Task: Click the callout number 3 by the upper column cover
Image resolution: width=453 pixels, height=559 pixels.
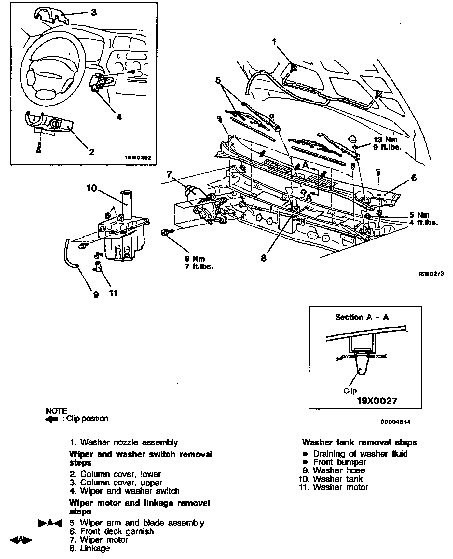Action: (94, 13)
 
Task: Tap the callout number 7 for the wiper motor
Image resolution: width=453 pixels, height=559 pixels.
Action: (169, 175)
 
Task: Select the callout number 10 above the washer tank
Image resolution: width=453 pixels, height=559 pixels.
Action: (92, 188)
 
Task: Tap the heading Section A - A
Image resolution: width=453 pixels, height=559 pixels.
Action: (362, 317)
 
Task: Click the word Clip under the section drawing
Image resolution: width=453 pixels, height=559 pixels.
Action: (350, 391)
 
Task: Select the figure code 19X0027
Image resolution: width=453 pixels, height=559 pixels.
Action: (377, 401)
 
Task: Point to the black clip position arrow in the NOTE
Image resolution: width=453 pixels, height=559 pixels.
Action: (52, 419)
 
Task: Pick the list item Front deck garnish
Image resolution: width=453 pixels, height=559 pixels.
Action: (117, 531)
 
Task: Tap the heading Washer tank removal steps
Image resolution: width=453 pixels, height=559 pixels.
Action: (359, 443)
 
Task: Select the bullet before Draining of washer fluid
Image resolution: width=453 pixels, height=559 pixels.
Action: (305, 454)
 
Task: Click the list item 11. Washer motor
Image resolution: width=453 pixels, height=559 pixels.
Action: (334, 487)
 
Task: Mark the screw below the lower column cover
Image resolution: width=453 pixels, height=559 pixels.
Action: (39, 148)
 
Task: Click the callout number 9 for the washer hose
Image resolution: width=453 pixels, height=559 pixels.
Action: (96, 295)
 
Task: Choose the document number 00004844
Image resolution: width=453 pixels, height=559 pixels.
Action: (395, 422)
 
